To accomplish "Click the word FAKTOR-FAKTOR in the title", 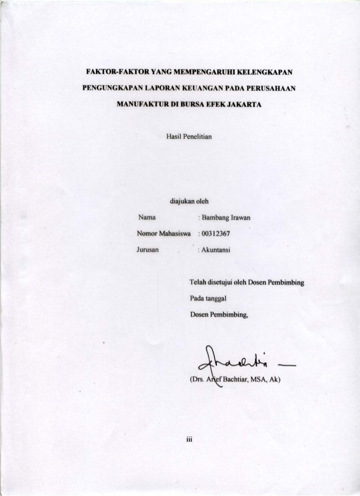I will pos(108,73).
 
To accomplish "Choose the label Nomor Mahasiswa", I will pos(164,232).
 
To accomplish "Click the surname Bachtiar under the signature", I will pos(234,379).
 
